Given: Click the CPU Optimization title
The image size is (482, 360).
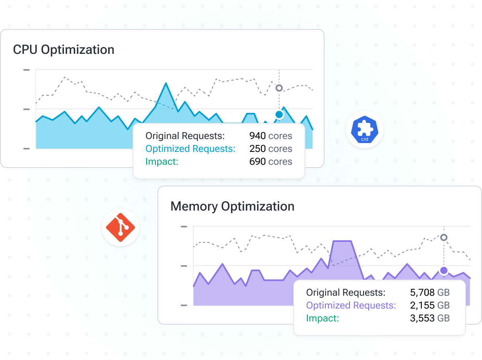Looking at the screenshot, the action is pyautogui.click(x=63, y=50).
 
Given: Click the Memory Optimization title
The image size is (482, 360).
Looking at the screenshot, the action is pyautogui.click(x=232, y=207).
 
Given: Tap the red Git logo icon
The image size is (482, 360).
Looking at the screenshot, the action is pyautogui.click(x=120, y=228).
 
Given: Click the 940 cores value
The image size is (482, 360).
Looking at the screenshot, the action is pyautogui.click(x=270, y=136).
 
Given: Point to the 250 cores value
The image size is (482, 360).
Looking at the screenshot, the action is pyautogui.click(x=270, y=149).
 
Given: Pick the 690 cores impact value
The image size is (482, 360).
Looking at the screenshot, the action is pyautogui.click(x=270, y=162).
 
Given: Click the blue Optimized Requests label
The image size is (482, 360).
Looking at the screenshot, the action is pyautogui.click(x=190, y=149).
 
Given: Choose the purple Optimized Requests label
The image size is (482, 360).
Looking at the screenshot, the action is pyautogui.click(x=351, y=305).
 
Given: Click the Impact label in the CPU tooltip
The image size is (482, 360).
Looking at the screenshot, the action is pyautogui.click(x=162, y=162).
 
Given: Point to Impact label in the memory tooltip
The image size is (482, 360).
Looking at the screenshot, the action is pyautogui.click(x=323, y=318).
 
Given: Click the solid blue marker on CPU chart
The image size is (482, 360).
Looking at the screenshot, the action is pyautogui.click(x=279, y=115).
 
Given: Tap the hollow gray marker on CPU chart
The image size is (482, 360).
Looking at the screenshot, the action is pyautogui.click(x=279, y=88).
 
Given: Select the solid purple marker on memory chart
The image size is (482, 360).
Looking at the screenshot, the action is pyautogui.click(x=444, y=270).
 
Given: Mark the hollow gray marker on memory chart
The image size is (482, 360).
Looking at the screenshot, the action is pyautogui.click(x=444, y=237).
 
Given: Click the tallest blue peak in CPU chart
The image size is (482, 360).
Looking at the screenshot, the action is pyautogui.click(x=165, y=85).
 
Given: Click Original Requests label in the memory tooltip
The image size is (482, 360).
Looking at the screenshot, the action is pyautogui.click(x=345, y=292).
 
